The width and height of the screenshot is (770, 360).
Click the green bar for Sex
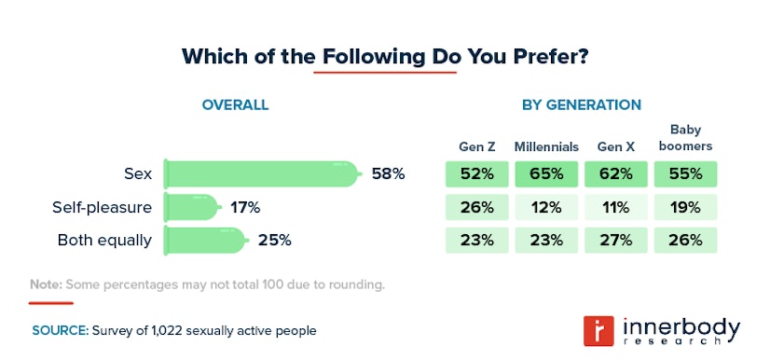[261, 173]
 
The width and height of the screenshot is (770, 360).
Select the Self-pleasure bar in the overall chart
[193, 206]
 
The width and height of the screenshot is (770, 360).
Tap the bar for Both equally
[206, 240]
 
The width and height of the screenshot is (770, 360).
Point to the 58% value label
[388, 173]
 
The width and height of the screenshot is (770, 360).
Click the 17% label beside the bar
[245, 206]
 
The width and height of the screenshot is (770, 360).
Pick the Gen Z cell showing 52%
[476, 173]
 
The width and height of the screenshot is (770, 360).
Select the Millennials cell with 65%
[546, 173]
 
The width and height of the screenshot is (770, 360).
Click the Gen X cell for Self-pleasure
[615, 207]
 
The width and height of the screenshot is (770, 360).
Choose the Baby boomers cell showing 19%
[685, 207]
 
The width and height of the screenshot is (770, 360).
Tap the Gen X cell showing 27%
[615, 240]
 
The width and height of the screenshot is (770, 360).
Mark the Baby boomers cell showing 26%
[685, 240]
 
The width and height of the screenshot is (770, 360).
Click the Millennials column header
[546, 146]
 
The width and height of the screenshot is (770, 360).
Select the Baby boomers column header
[685, 138]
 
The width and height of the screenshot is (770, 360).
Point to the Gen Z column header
[476, 146]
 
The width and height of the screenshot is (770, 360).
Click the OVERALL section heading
[235, 104]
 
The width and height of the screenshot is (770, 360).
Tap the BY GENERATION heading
[581, 104]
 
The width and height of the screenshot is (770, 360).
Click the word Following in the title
[373, 56]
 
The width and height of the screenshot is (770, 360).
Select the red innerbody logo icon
[596, 331]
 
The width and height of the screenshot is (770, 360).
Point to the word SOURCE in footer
[60, 330]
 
